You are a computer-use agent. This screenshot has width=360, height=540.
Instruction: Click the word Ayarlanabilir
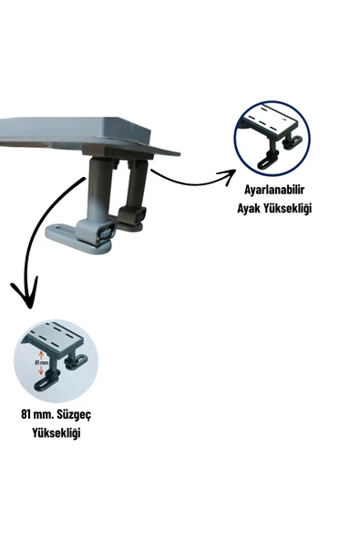click(x=272, y=190)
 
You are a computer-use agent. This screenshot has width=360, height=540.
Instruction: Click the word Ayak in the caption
click(x=242, y=209)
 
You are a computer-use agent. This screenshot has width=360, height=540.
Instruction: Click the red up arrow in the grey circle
click(x=39, y=354)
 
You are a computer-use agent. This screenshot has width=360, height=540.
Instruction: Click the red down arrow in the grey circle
click(x=39, y=372)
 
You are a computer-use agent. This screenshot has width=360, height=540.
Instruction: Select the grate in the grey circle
click(x=55, y=337)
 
